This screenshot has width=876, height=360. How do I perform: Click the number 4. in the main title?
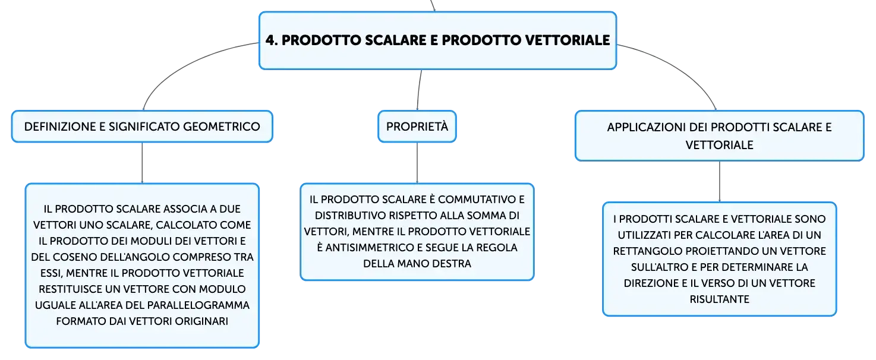[272, 40]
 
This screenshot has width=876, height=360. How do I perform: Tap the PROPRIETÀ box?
[417, 127]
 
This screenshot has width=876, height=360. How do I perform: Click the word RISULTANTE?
[719, 299]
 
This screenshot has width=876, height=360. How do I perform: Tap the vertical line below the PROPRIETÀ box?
[417, 163]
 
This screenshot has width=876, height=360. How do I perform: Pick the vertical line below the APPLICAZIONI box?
[719, 181]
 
